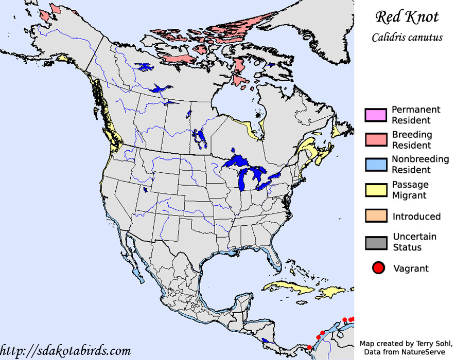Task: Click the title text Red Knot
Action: (407, 17)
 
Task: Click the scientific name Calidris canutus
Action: (407, 38)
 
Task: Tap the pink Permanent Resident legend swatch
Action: (375, 115)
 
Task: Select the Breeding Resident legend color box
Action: (375, 139)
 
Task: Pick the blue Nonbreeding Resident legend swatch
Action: (375, 164)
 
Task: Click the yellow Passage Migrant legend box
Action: (375, 189)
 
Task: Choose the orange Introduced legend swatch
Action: (375, 216)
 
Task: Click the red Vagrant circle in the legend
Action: (379, 268)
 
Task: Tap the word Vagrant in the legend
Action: (411, 268)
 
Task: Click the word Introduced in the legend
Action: (416, 217)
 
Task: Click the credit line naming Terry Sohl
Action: (407, 343)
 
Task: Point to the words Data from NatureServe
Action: (407, 351)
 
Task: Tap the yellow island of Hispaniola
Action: (329, 293)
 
